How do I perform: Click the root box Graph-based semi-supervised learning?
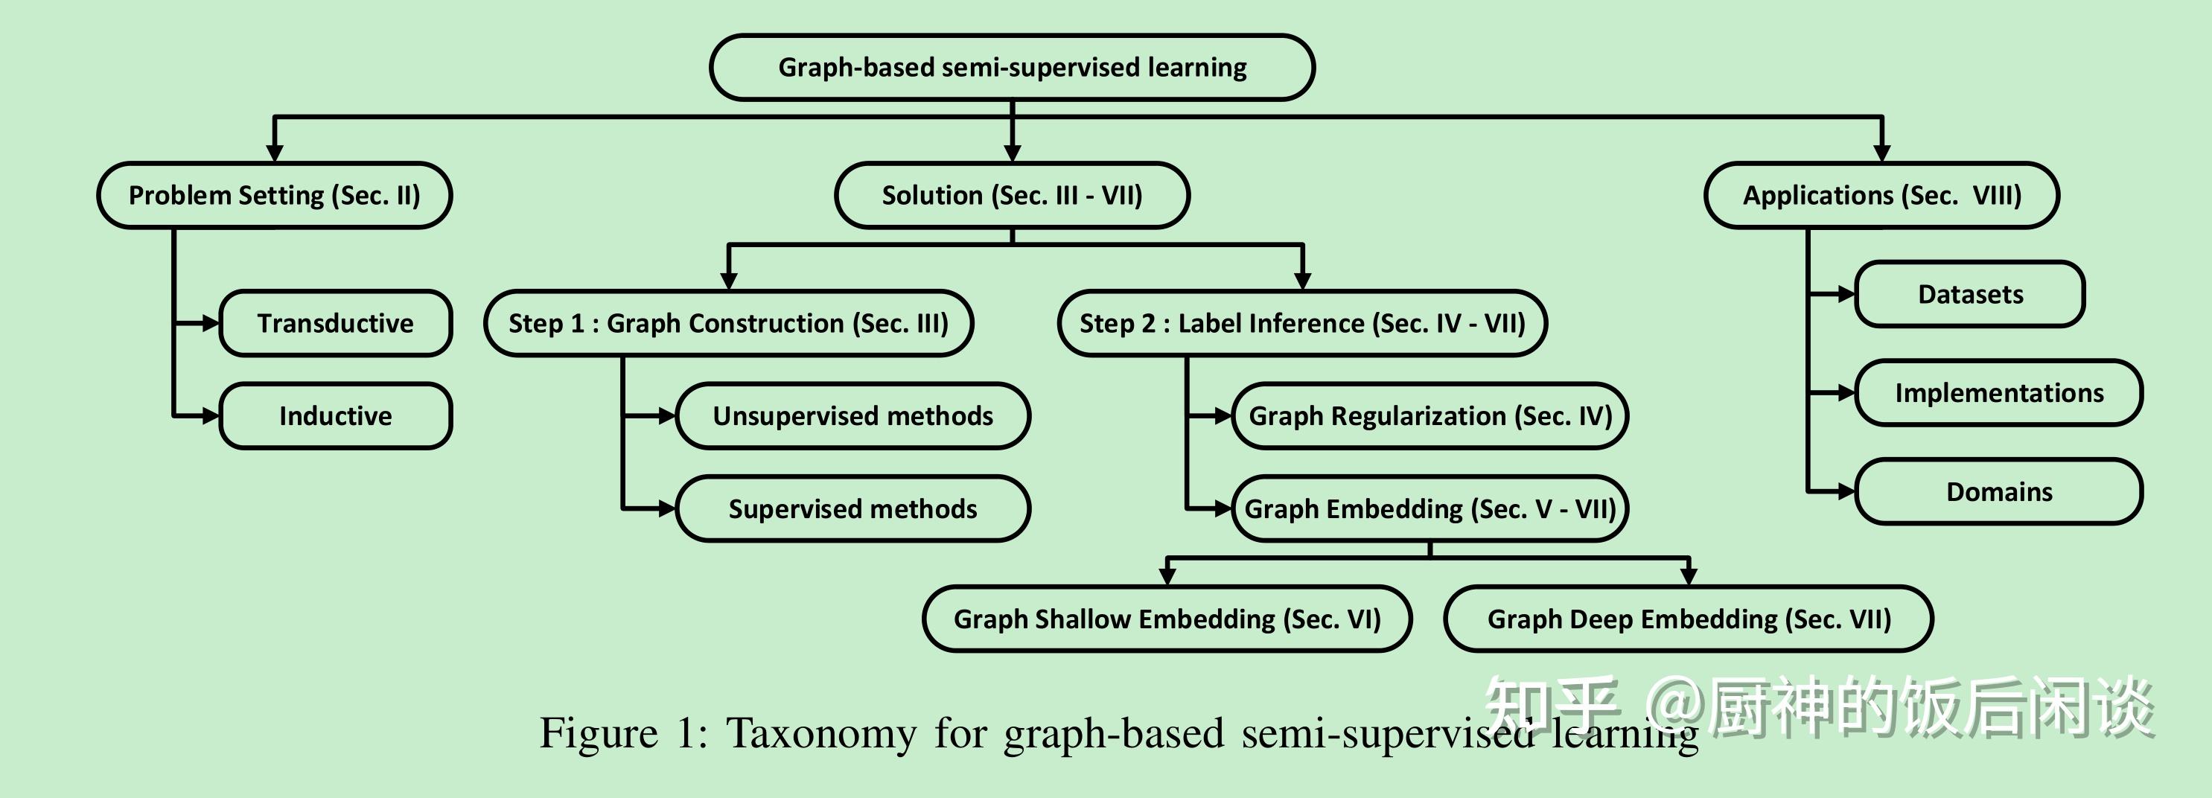(x=1012, y=67)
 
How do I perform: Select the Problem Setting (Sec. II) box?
(x=274, y=195)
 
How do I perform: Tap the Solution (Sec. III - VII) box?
(x=1012, y=195)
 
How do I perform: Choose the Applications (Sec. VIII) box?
(x=1881, y=195)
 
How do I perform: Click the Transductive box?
(x=335, y=323)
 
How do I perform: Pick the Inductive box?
(x=335, y=416)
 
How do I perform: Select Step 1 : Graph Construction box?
(x=728, y=323)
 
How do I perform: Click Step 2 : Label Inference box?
(x=1301, y=323)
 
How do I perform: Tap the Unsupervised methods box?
(x=852, y=416)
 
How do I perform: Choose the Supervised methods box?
(x=852, y=508)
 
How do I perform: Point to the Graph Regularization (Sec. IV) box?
(x=1429, y=416)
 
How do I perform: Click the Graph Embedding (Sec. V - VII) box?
(x=1429, y=508)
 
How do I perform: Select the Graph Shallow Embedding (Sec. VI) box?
(x=1167, y=619)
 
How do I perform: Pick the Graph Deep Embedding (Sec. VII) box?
(x=1688, y=619)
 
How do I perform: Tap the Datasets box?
(x=1970, y=294)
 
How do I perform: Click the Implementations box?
(x=1999, y=392)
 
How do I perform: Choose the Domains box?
(x=1999, y=491)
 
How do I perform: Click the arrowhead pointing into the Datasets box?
(x=1846, y=294)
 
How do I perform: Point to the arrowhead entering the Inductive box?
(x=211, y=416)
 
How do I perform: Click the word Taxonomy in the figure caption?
(x=821, y=732)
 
